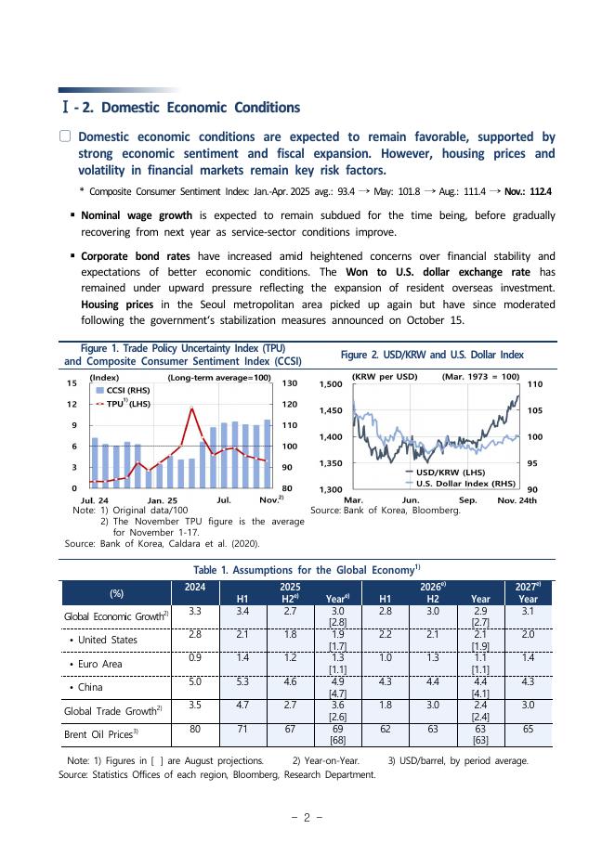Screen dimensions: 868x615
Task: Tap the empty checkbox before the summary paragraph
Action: pyautogui.click(x=65, y=136)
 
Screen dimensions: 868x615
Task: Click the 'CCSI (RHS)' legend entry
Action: pyautogui.click(x=126, y=391)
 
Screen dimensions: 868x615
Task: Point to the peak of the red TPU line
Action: pyautogui.click(x=192, y=408)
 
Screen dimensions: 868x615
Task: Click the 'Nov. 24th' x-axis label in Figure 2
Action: pyautogui.click(x=517, y=500)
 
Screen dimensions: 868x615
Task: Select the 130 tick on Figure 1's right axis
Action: pyautogui.click(x=289, y=383)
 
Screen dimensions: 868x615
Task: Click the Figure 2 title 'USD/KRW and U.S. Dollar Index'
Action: pyautogui.click(x=432, y=355)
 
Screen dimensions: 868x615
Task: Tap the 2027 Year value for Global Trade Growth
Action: pyautogui.click(x=528, y=705)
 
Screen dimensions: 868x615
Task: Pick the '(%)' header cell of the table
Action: pyautogui.click(x=117, y=592)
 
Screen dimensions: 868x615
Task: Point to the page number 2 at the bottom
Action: pyautogui.click(x=307, y=818)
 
